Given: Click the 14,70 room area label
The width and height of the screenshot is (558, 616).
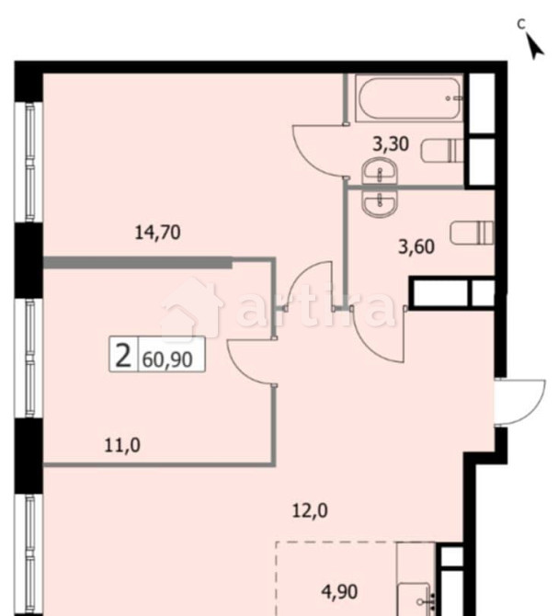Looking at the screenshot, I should pos(156,233).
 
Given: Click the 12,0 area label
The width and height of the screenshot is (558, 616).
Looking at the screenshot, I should pos(309,511).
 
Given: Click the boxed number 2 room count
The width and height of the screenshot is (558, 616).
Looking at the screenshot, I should pos(122,354).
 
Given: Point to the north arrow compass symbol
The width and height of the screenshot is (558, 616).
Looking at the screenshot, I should pos(533,42).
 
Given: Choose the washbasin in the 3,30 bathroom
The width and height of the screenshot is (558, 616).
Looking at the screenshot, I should pos(378,171).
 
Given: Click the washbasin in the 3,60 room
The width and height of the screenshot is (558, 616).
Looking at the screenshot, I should pos(378,202).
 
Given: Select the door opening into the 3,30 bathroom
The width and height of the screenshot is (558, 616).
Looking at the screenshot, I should pos(317,147).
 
